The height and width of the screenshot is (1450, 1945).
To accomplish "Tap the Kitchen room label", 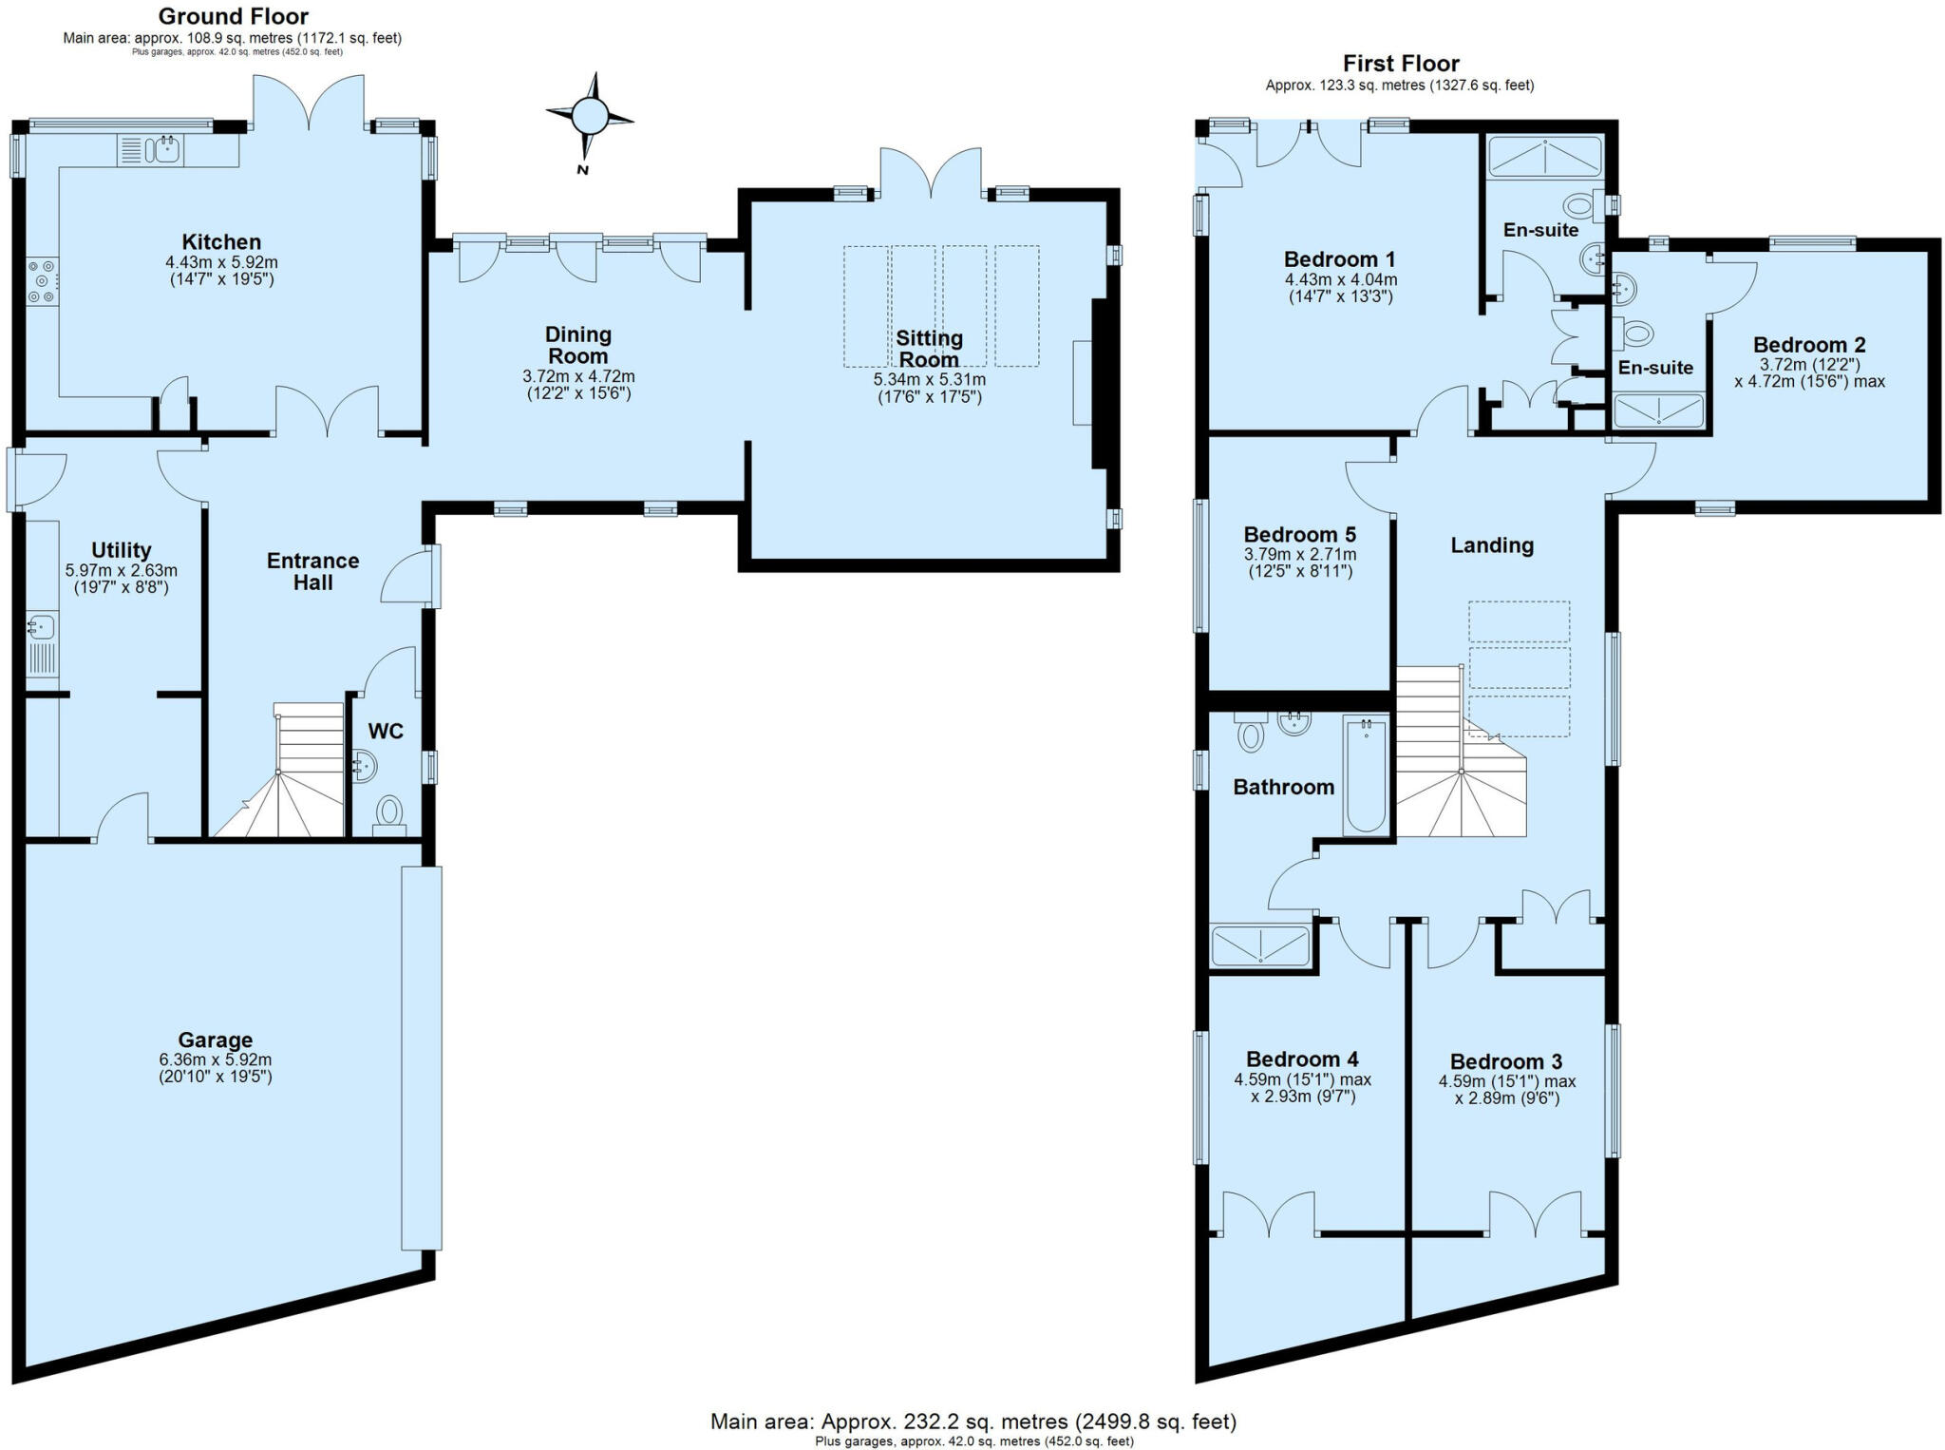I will pos(221,242).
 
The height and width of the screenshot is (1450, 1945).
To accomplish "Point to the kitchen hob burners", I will pos(42,281).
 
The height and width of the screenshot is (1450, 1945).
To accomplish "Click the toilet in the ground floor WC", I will pos(389,813).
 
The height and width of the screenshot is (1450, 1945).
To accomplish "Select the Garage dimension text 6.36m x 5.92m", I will pos(216,1059).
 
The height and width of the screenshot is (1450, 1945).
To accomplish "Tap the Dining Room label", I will pos(577,345).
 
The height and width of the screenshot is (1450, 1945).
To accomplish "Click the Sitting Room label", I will pos(929,349).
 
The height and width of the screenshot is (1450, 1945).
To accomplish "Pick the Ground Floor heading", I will pos(233,16).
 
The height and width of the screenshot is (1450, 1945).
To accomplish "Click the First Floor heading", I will pos(1400,64).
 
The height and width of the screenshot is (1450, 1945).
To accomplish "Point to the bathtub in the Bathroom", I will pos(1366,775).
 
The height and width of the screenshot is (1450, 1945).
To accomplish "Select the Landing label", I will pos(1491,545).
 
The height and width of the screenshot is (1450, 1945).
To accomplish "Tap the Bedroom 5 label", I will pos(1299,535).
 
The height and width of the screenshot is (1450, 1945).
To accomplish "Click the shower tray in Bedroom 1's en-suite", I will pos(1544,158).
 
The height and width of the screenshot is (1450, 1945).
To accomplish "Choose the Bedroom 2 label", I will pos(1808,345).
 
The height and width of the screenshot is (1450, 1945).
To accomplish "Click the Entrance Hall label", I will pos(312,571).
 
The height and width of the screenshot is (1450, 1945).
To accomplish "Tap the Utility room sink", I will pos(41,627).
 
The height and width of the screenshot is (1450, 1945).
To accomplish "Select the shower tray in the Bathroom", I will pos(1260,946).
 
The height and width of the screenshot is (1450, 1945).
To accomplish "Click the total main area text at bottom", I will pos(973,1421).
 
